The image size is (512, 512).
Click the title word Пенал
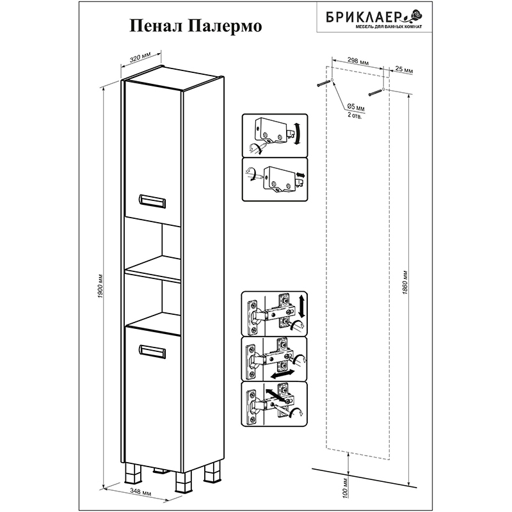pyautogui.click(x=156, y=26)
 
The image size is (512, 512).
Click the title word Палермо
pyautogui.click(x=225, y=26)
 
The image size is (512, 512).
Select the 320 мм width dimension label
pyautogui.click(x=140, y=56)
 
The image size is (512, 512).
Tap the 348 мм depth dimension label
pyautogui.click(x=140, y=492)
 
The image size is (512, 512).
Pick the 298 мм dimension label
pyautogui.click(x=358, y=61)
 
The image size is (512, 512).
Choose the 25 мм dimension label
pyautogui.click(x=404, y=70)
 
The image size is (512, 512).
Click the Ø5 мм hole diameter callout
pyautogui.click(x=356, y=107)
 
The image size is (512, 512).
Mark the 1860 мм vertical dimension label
pyautogui.click(x=405, y=283)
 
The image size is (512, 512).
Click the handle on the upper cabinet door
pyautogui.click(x=152, y=201)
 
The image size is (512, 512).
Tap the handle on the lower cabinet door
pyautogui.click(x=152, y=351)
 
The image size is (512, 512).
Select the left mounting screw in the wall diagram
pyautogui.click(x=323, y=83)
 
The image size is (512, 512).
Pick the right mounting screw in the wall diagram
pyautogui.click(x=376, y=92)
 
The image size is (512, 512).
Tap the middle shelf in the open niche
pyautogui.click(x=153, y=268)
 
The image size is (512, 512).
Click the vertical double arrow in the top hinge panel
pyautogui.click(x=301, y=306)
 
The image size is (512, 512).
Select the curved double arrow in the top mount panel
pyautogui.click(x=297, y=134)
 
